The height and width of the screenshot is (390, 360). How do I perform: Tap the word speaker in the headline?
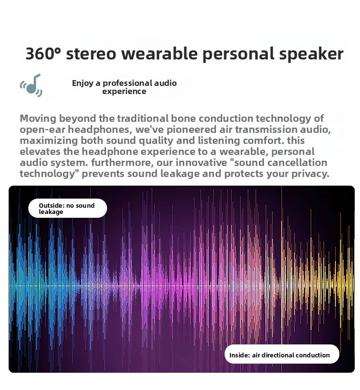pyautogui.click(x=311, y=54)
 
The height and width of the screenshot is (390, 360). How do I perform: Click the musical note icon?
pyautogui.click(x=31, y=85)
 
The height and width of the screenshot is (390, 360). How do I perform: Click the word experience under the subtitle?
pyautogui.click(x=124, y=92)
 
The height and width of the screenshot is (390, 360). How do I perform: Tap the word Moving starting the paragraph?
pyautogui.click(x=38, y=118)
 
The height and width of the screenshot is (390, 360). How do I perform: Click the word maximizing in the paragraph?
pyautogui.click(x=49, y=141)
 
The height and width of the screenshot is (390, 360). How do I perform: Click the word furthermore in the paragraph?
pyautogui.click(x=122, y=163)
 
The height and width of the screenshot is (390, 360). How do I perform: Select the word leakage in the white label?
pyautogui.click(x=51, y=212)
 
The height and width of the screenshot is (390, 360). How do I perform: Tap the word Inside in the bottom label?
pyautogui.click(x=240, y=355)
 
